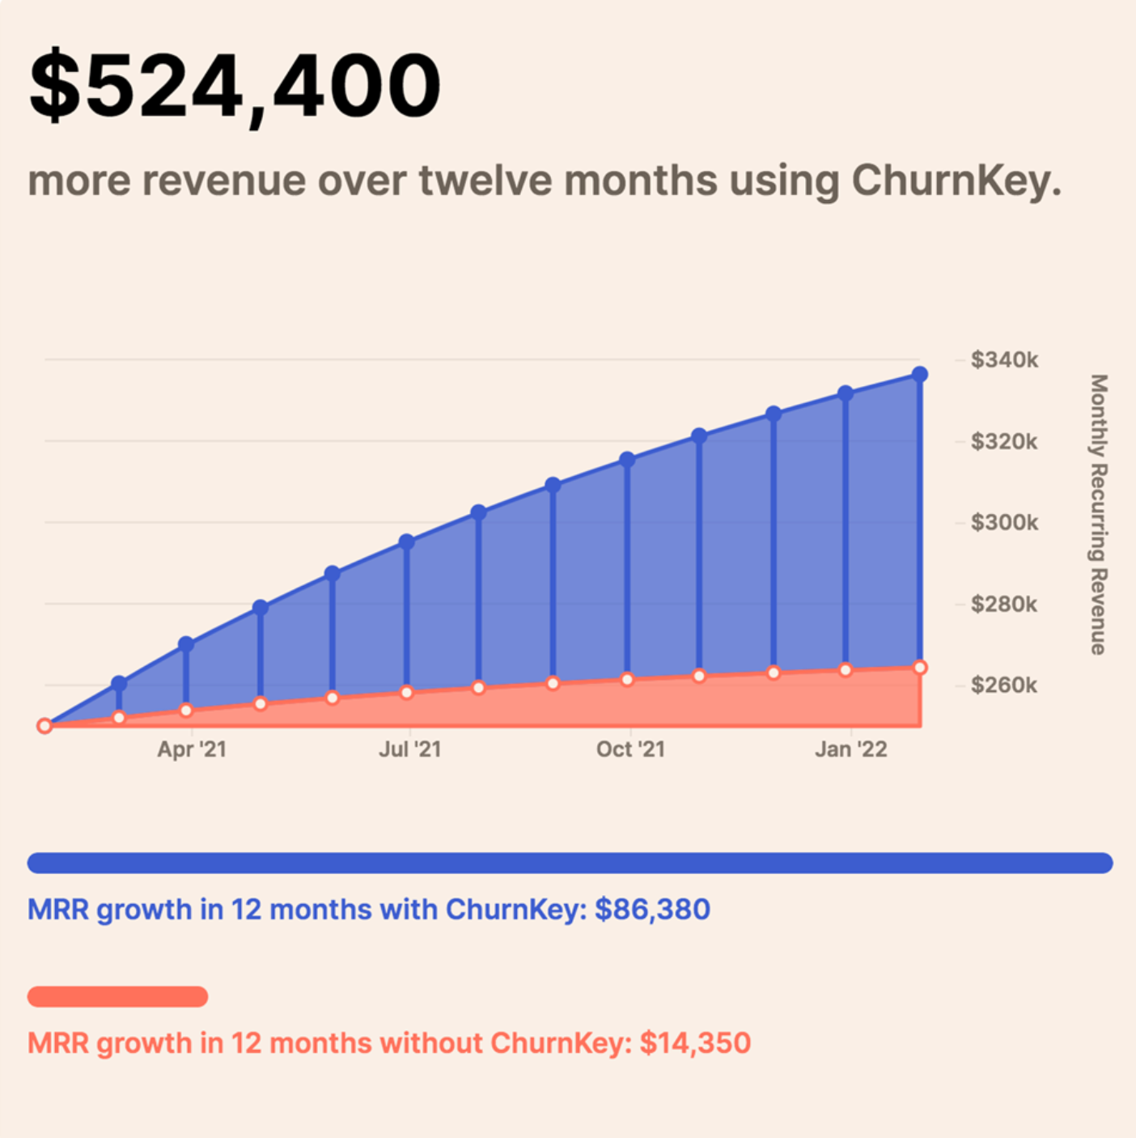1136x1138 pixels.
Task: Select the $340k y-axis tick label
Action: click(x=1004, y=359)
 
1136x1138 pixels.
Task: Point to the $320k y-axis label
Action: click(x=1004, y=441)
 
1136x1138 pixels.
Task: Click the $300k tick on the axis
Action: click(x=1004, y=522)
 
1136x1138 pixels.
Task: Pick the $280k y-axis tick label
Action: click(x=1004, y=604)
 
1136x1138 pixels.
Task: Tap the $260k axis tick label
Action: click(x=1004, y=686)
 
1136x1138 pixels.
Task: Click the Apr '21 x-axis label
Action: click(x=192, y=749)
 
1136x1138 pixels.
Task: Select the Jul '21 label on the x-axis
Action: click(x=410, y=749)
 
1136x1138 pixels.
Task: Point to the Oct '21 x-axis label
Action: click(x=630, y=749)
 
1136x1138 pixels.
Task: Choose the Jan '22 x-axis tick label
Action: click(x=850, y=749)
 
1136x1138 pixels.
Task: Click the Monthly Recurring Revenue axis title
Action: click(x=1098, y=514)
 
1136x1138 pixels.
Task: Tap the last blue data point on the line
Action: click(x=920, y=375)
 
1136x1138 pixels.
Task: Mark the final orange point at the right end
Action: click(x=920, y=668)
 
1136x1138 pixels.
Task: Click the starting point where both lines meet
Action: click(x=45, y=726)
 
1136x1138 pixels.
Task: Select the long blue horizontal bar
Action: click(x=570, y=863)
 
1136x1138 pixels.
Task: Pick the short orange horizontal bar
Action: click(x=118, y=996)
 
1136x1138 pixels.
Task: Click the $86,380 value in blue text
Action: click(x=652, y=910)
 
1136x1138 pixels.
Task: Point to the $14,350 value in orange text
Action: click(x=695, y=1042)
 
